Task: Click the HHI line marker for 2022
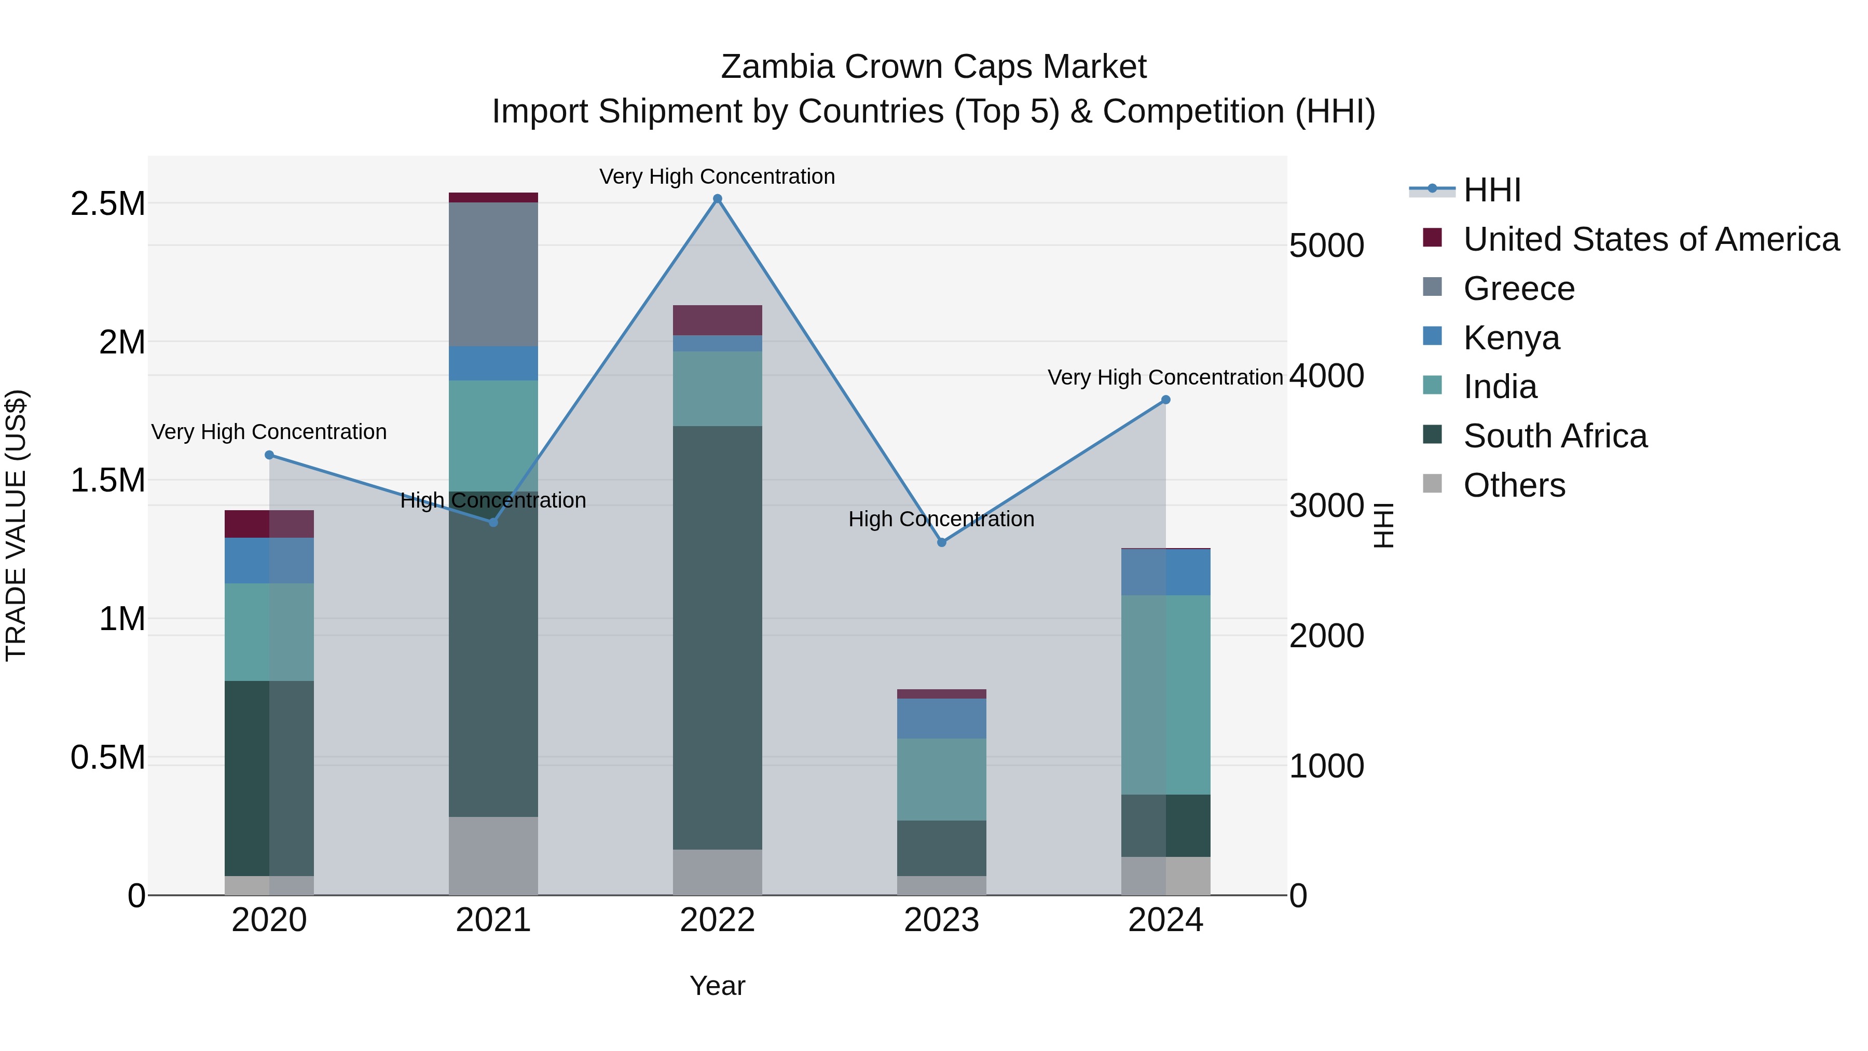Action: click(x=717, y=199)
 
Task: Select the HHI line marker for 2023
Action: click(x=941, y=542)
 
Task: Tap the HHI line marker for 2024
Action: click(x=1165, y=400)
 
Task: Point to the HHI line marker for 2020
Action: click(x=269, y=455)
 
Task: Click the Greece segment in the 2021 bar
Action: click(x=493, y=274)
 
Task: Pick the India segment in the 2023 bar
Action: click(x=941, y=779)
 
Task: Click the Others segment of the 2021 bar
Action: click(x=493, y=855)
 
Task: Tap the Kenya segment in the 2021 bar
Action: click(x=493, y=363)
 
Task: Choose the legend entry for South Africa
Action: click(x=1555, y=436)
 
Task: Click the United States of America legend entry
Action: click(x=1651, y=239)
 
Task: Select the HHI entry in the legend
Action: click(x=1492, y=190)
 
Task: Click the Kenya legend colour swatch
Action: click(x=1432, y=336)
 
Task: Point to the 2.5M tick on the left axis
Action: click(x=107, y=204)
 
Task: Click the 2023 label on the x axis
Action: click(x=941, y=920)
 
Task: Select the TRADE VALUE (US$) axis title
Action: click(x=16, y=525)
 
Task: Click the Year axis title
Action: click(x=717, y=986)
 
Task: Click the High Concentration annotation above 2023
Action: click(x=941, y=520)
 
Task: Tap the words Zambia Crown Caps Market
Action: click(x=933, y=67)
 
